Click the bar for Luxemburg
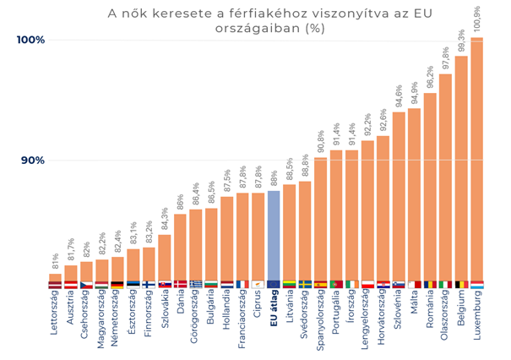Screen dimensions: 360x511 click(476, 161)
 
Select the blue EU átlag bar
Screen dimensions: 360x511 click(274, 237)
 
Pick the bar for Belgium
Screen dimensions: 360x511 click(461, 169)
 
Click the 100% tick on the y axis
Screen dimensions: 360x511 click(30, 40)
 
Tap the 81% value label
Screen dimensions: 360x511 click(56, 261)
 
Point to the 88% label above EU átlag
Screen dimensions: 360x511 click(274, 178)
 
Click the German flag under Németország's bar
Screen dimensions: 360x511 click(117, 285)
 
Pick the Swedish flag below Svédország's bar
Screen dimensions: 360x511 click(305, 285)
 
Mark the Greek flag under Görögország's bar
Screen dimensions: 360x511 click(196, 285)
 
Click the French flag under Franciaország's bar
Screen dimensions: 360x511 click(242, 285)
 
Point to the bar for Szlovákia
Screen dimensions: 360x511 click(165, 258)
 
